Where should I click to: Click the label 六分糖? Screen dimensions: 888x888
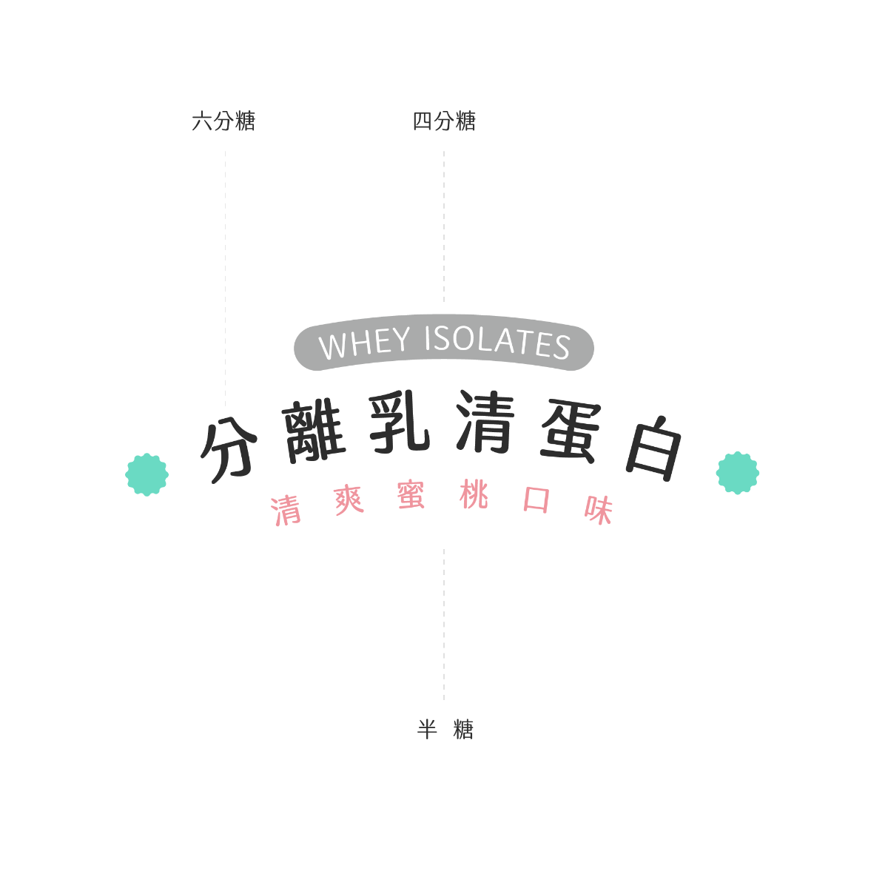click(x=223, y=121)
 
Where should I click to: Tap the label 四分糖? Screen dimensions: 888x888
click(x=444, y=121)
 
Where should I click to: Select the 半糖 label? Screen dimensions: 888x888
click(x=445, y=730)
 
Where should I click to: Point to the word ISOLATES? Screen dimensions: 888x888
click(x=497, y=343)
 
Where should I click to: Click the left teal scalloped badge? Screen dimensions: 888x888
click(x=147, y=474)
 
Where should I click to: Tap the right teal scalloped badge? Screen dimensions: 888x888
click(x=738, y=472)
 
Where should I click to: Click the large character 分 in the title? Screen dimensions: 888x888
click(x=228, y=450)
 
